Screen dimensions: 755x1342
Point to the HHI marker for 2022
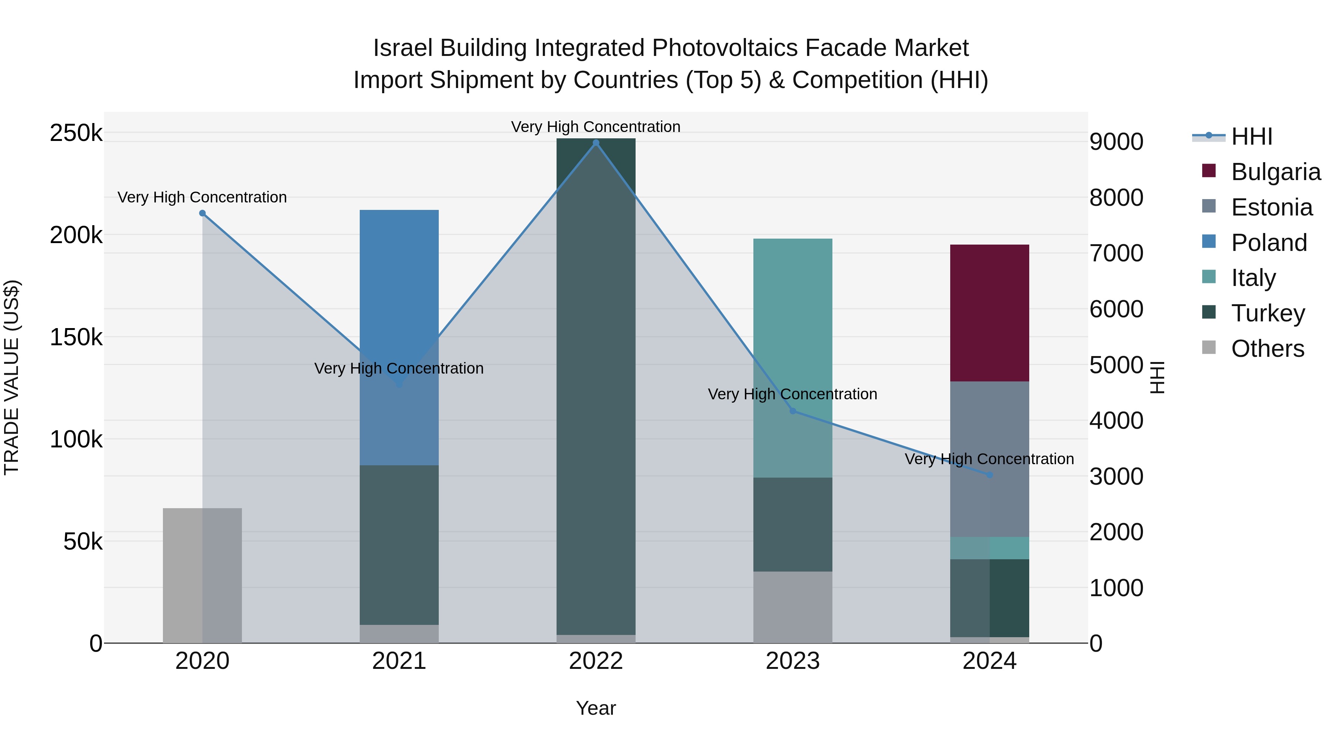(x=596, y=143)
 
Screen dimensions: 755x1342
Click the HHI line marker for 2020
(x=202, y=213)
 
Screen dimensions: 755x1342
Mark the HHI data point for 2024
(x=989, y=475)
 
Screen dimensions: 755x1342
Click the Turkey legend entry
(x=1267, y=313)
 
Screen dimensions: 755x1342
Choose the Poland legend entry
(x=1269, y=243)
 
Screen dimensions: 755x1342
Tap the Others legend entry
(x=1267, y=349)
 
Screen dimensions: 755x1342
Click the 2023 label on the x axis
(x=793, y=661)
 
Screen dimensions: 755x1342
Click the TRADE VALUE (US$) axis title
(x=12, y=377)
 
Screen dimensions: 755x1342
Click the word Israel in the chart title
(x=404, y=48)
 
